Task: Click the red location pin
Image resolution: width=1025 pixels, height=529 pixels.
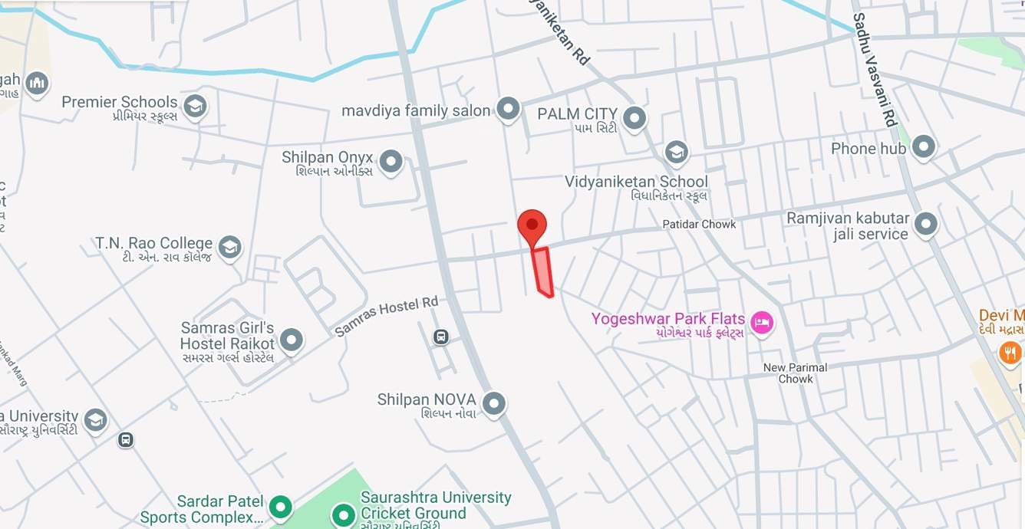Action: [532, 225]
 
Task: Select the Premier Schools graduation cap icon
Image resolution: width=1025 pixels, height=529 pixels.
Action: [196, 107]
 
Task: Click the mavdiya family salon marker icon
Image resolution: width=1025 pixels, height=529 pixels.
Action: [508, 109]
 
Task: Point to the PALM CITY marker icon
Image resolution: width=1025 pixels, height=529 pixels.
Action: [634, 118]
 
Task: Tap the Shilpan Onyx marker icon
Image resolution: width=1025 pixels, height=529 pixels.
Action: [391, 161]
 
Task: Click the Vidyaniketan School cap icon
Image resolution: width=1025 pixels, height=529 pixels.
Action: [676, 152]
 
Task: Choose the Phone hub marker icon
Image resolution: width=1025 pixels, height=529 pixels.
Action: [923, 146]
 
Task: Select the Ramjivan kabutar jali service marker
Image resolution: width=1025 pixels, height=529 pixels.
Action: [927, 224]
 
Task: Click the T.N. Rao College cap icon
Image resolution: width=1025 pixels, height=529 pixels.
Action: [229, 247]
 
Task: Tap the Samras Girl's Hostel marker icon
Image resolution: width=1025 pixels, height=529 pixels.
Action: [292, 339]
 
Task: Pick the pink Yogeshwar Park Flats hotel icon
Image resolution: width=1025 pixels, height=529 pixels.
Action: [761, 322]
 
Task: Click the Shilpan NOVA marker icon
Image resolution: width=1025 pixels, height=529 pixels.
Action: [493, 402]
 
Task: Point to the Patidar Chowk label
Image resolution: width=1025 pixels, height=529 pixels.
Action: [699, 224]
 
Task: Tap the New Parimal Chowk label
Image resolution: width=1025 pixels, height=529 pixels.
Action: [795, 373]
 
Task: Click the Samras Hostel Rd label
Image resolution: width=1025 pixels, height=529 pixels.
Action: [386, 317]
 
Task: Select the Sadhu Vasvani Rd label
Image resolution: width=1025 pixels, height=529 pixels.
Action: [874, 70]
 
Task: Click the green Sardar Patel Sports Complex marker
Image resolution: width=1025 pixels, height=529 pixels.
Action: [282, 506]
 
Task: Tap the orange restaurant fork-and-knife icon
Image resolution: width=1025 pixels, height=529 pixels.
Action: [1010, 353]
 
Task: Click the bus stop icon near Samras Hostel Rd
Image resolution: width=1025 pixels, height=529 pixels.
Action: [441, 337]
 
